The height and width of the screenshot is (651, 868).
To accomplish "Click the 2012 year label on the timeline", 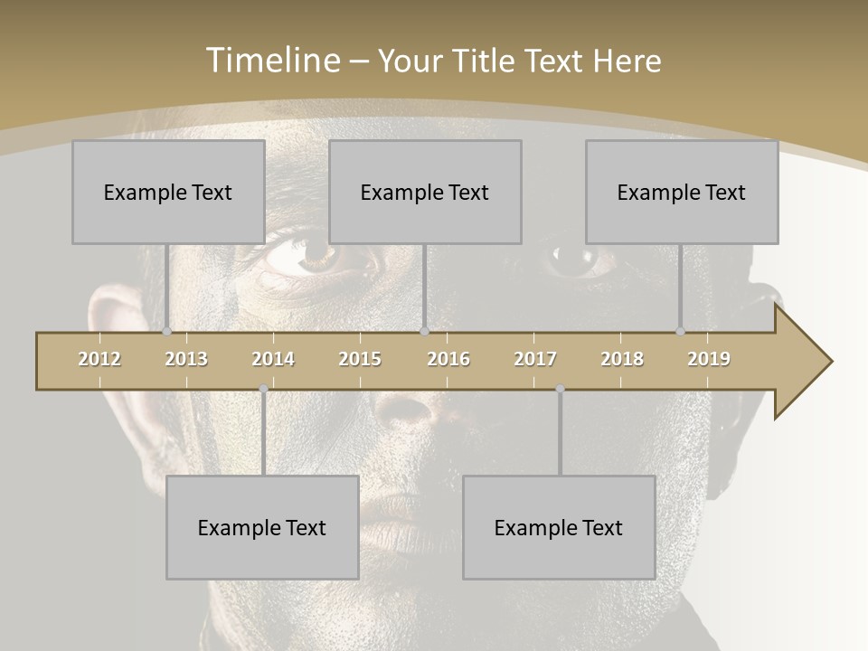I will coord(99,359).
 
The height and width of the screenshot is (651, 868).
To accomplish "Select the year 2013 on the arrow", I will coord(186,359).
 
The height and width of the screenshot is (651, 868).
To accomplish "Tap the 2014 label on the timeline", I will coord(273,359).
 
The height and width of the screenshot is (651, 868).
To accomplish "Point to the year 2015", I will coord(360,359).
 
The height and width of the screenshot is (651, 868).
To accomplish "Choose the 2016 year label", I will coord(448,359).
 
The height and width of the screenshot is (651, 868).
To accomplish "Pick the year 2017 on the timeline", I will coord(535,359).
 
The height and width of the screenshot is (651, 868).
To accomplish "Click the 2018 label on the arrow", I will coord(622,359).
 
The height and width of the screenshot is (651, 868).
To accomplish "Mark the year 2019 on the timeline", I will coord(709,359).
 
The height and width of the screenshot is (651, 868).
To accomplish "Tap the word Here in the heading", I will coord(627,61).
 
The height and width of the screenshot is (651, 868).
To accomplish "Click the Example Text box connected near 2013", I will coord(168,192).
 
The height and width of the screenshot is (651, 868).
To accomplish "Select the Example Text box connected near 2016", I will coord(425,192).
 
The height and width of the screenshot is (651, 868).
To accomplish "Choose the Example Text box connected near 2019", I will coord(682,192).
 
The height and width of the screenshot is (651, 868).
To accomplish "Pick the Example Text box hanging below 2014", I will coord(262,527).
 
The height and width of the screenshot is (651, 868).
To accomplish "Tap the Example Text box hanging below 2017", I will coord(559,527).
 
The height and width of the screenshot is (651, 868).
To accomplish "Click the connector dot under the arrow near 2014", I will coord(263,389).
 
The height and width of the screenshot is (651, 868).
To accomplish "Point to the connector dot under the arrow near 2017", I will coord(560,389).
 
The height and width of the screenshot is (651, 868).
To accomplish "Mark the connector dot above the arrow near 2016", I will coord(424,331).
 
